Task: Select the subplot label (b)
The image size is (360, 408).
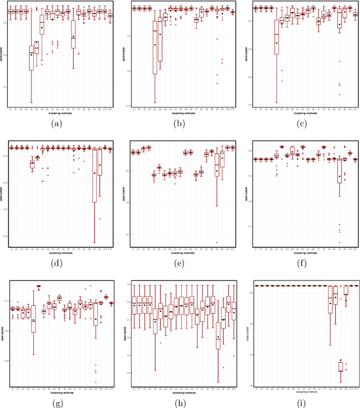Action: pyautogui.click(x=180, y=123)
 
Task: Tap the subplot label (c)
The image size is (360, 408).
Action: pyautogui.click(x=301, y=123)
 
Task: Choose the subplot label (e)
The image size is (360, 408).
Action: pyautogui.click(x=180, y=262)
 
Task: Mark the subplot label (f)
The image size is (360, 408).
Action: pyautogui.click(x=301, y=262)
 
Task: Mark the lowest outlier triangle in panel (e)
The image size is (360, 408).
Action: pyautogui.click(x=217, y=242)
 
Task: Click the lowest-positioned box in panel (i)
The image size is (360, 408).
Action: pyautogui.click(x=341, y=366)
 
